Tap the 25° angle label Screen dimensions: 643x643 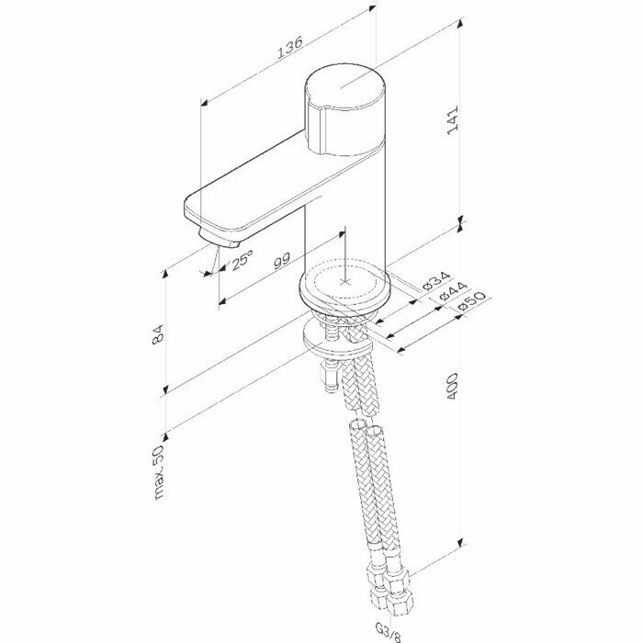[x=243, y=262]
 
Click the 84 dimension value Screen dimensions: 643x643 [x=157, y=336]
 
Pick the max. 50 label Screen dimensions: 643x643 [x=158, y=470]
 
